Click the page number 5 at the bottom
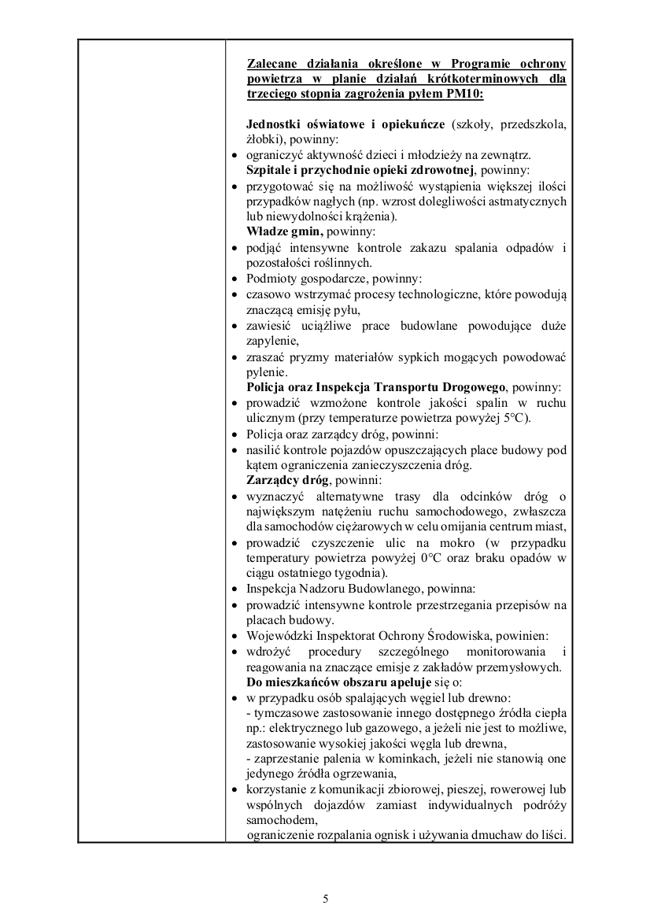tap(325, 899)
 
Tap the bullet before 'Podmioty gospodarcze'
tap(236, 279)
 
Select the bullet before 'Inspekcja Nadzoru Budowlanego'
tap(236, 589)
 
